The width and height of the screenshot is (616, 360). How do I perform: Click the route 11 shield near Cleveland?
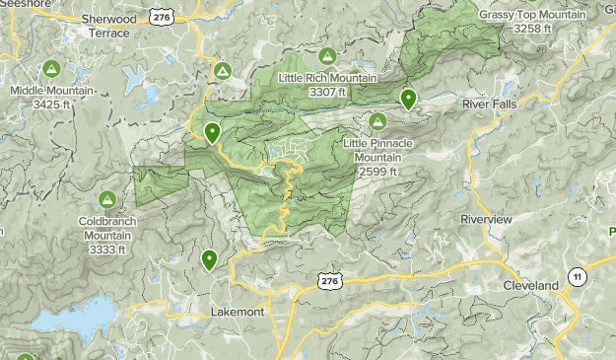[x=577, y=276]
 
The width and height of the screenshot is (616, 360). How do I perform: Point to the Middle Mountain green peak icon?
[x=51, y=69]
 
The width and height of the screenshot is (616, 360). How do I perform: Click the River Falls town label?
[x=490, y=102]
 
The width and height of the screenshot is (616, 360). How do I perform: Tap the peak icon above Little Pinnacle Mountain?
[x=376, y=120]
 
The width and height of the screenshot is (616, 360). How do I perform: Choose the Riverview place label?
[x=486, y=218]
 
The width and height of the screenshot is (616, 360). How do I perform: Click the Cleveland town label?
[x=530, y=285]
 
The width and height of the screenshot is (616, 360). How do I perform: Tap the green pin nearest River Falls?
[x=408, y=98]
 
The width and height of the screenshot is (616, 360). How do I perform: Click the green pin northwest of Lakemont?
[x=209, y=259]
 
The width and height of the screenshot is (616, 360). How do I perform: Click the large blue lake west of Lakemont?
[x=74, y=318]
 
